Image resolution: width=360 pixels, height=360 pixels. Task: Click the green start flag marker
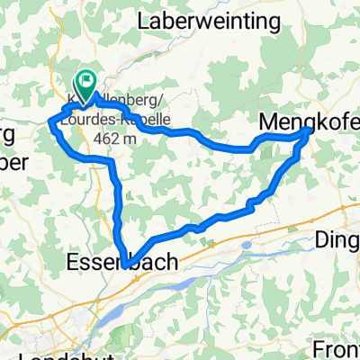point(87,83)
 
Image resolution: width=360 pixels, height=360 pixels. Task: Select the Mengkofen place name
point(309,121)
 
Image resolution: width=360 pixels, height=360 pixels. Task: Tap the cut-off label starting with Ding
point(338,240)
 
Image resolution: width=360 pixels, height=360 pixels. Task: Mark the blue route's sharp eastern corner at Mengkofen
point(311,130)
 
